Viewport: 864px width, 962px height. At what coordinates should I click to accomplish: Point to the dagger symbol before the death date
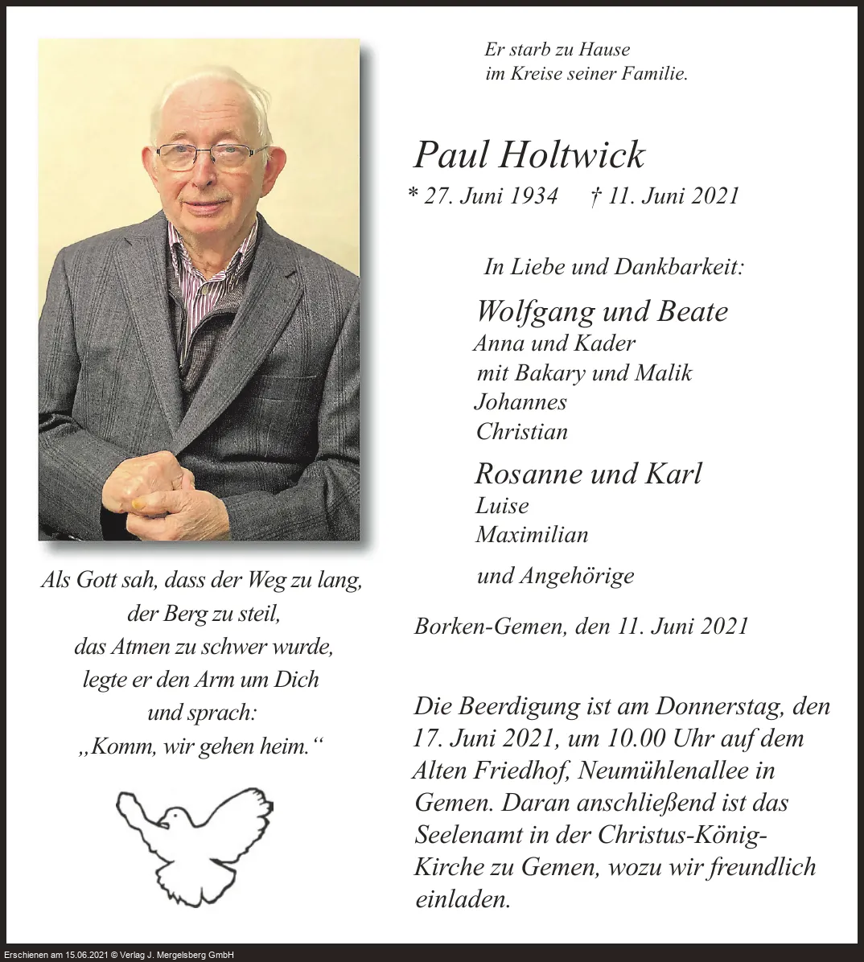coord(595,196)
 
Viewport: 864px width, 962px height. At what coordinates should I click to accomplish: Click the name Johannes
coord(520,402)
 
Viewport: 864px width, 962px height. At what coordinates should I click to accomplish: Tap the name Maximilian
coord(532,534)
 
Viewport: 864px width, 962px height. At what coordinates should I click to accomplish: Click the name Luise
coord(502,505)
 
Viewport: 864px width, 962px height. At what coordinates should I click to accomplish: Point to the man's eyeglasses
coord(211,154)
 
